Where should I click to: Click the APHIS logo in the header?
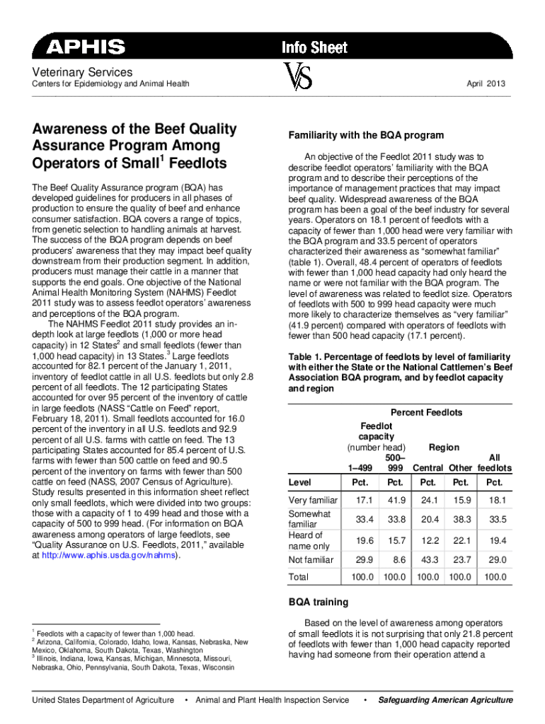click(x=86, y=47)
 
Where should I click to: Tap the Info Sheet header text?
click(x=314, y=47)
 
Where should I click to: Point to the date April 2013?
click(x=486, y=84)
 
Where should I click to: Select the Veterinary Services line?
click(x=78, y=72)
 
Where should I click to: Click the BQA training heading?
click(x=318, y=602)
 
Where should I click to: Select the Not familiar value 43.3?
click(x=428, y=559)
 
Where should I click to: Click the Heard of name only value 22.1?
click(x=460, y=540)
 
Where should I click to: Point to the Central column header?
click(x=428, y=468)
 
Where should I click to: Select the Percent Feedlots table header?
click(x=426, y=412)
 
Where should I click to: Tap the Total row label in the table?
click(x=299, y=577)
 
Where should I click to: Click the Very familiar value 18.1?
click(x=494, y=501)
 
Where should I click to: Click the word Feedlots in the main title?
click(x=195, y=163)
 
